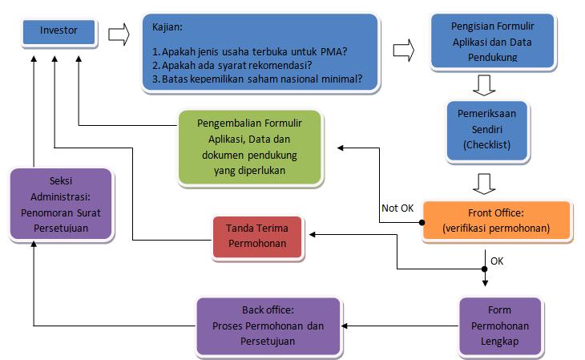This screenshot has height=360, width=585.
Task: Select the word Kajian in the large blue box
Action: coord(168,27)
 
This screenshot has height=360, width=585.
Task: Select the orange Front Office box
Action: coord(496,220)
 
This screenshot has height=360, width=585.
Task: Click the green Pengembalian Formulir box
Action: coord(250,144)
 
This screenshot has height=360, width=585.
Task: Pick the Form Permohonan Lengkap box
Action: coord(498,326)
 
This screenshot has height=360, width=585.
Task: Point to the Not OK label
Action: coord(397,208)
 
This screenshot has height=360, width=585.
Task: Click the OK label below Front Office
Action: coord(497,261)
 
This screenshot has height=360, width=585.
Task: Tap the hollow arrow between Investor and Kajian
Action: coord(117,34)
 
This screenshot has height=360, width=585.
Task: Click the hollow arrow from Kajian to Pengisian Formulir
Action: coord(403,51)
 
